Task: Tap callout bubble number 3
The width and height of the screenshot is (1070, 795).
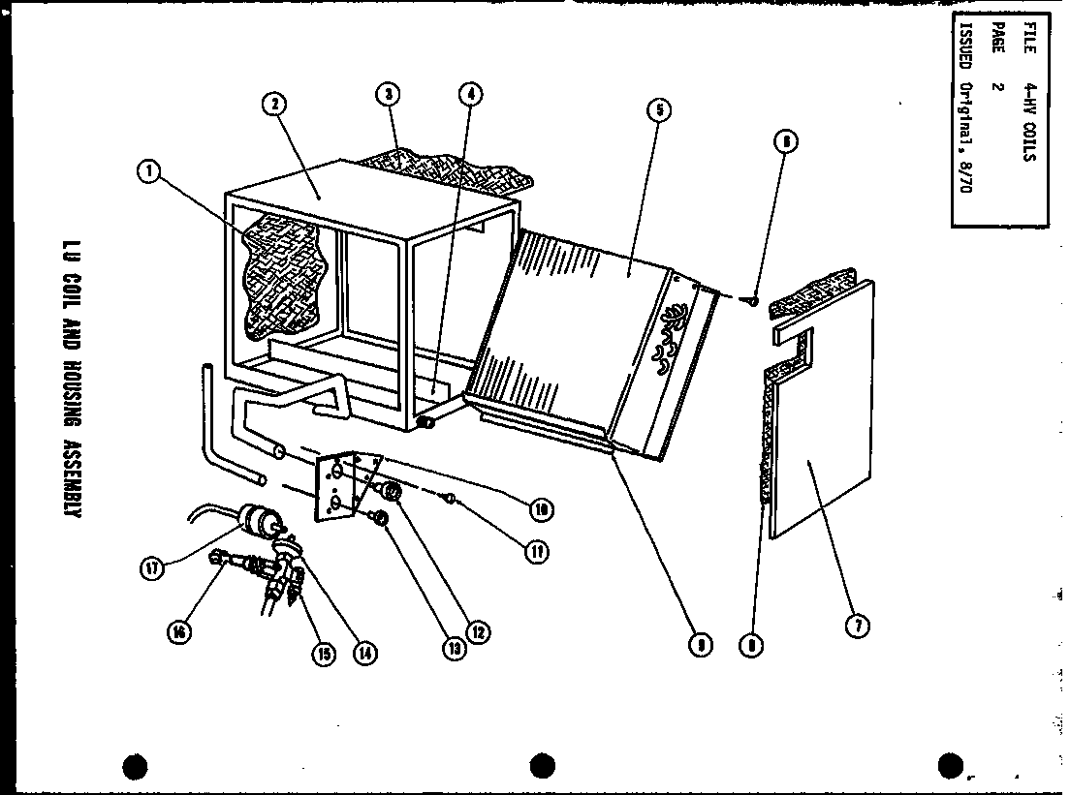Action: point(388,94)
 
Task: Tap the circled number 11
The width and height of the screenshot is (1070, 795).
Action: point(535,551)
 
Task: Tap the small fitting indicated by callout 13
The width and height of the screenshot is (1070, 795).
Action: point(382,520)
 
